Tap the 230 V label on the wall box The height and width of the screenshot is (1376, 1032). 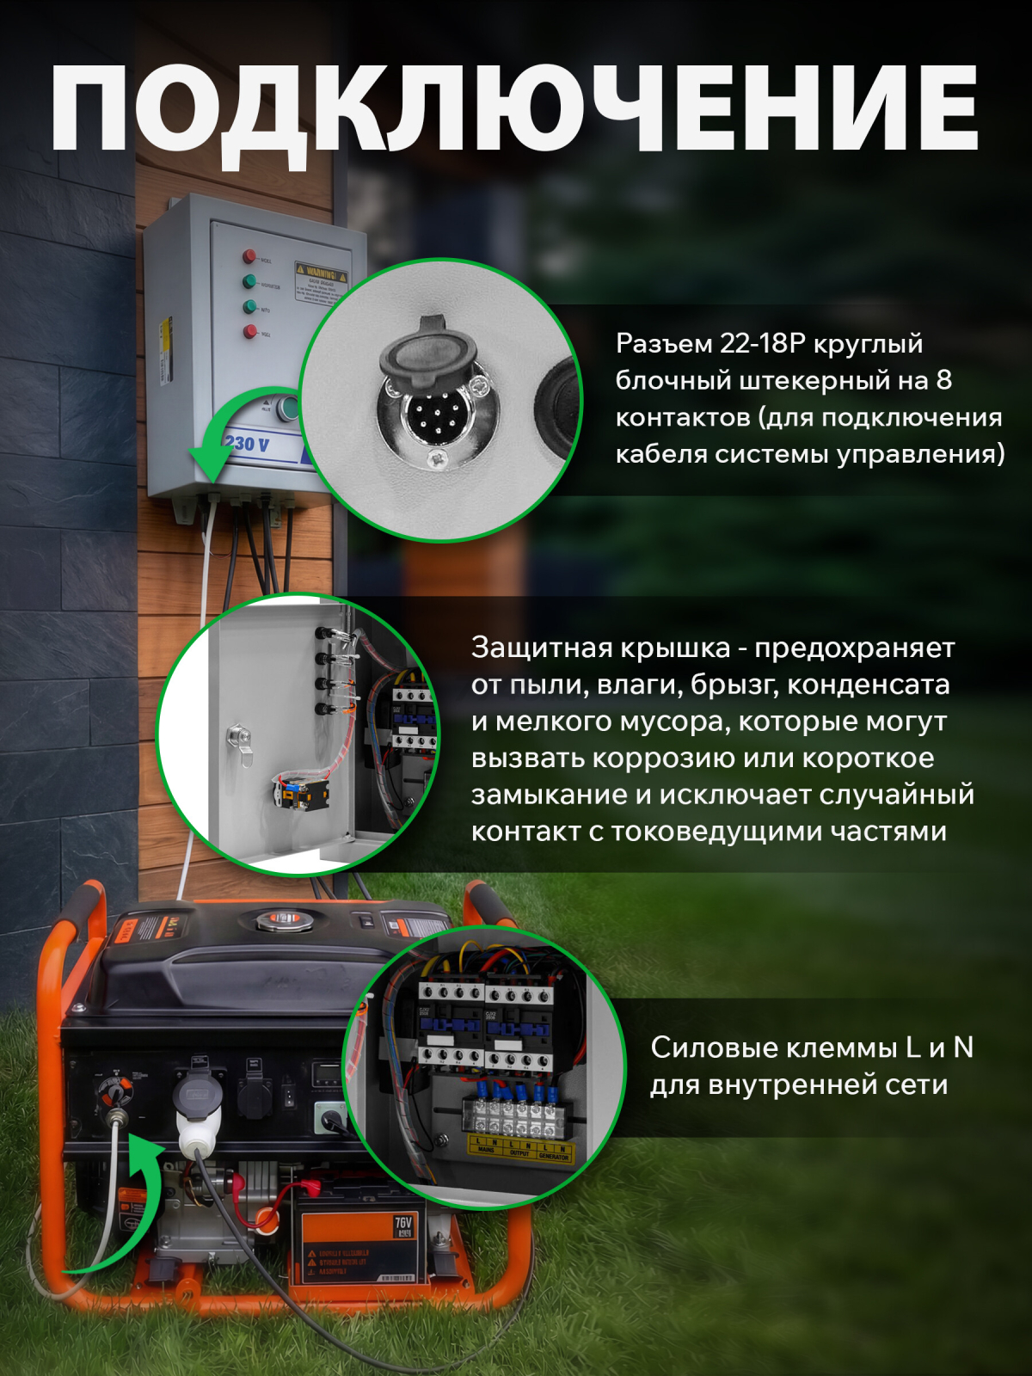click(x=247, y=445)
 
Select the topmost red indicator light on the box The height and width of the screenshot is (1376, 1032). click(x=249, y=256)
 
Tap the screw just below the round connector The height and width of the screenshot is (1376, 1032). click(x=438, y=459)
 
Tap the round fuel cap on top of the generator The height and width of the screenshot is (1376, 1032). click(x=281, y=920)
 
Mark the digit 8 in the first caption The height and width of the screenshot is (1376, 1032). click(x=943, y=380)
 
